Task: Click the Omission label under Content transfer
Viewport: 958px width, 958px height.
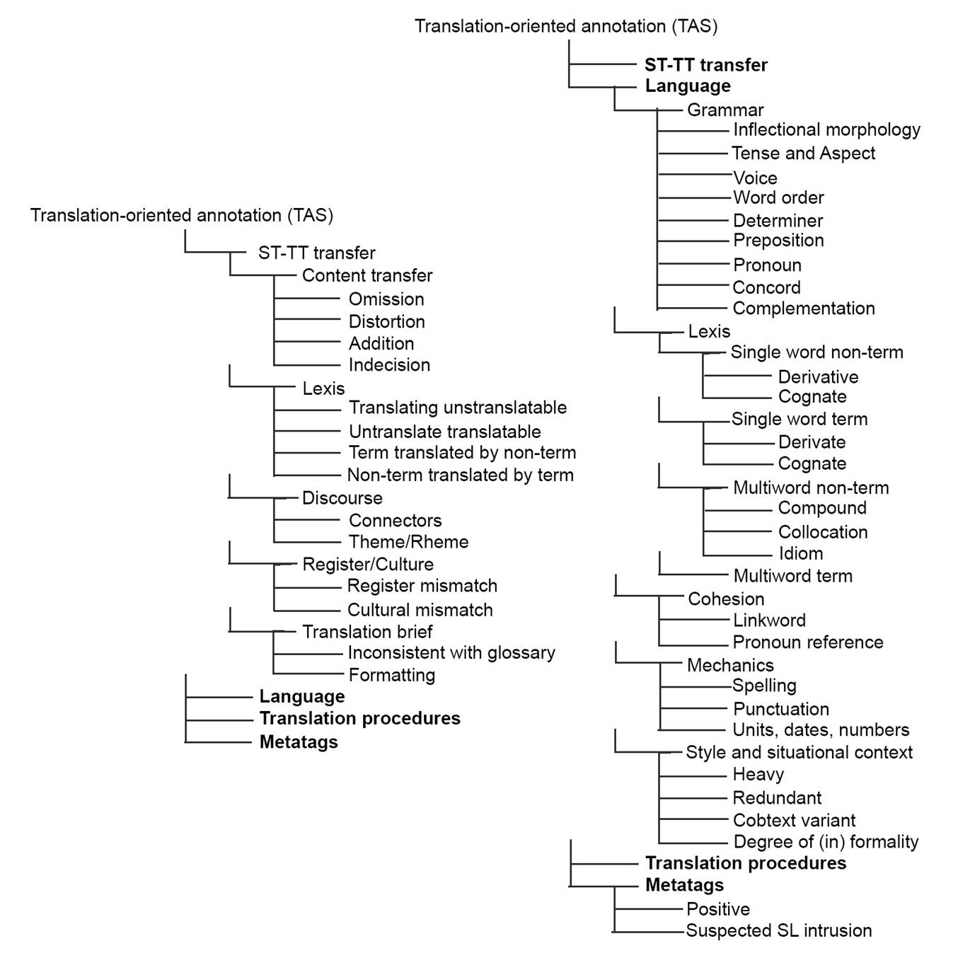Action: coord(386,299)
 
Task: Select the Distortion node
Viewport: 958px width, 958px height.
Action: coord(387,322)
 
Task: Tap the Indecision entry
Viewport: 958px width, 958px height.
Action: coord(389,365)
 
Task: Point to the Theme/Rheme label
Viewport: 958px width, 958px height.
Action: coord(408,542)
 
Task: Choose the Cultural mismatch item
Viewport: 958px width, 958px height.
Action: coord(420,610)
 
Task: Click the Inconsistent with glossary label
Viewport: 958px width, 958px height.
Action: coord(451,653)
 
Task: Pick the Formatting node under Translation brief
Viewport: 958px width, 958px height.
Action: coord(391,675)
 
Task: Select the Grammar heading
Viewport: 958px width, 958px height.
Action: coord(725,110)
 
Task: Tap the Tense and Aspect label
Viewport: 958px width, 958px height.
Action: coord(803,154)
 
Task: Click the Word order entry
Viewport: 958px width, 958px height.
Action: coord(778,198)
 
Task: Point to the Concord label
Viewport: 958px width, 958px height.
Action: coord(766,288)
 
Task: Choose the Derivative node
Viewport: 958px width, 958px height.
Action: coord(818,377)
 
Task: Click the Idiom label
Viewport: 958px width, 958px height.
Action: coord(801,553)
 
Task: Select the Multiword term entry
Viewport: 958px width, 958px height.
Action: coord(792,576)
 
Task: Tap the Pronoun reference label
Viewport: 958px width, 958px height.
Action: coord(808,642)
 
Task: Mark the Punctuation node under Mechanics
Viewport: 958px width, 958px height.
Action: coord(781,709)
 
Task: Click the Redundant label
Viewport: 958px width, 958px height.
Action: coord(777,798)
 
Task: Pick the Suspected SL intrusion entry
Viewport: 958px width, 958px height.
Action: coord(779,930)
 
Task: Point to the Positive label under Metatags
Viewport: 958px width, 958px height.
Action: coord(718,909)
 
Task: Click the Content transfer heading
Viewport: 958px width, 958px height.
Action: coord(367,276)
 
